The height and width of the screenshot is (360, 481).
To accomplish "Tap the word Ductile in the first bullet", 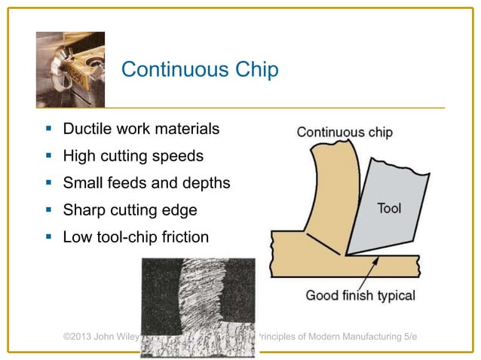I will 90,130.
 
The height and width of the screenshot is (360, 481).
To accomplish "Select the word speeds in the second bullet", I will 178,157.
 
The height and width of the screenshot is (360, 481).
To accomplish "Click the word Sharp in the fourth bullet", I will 86,210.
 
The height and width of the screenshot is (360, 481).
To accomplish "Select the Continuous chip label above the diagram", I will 345,132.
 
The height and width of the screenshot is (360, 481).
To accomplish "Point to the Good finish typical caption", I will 360,294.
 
